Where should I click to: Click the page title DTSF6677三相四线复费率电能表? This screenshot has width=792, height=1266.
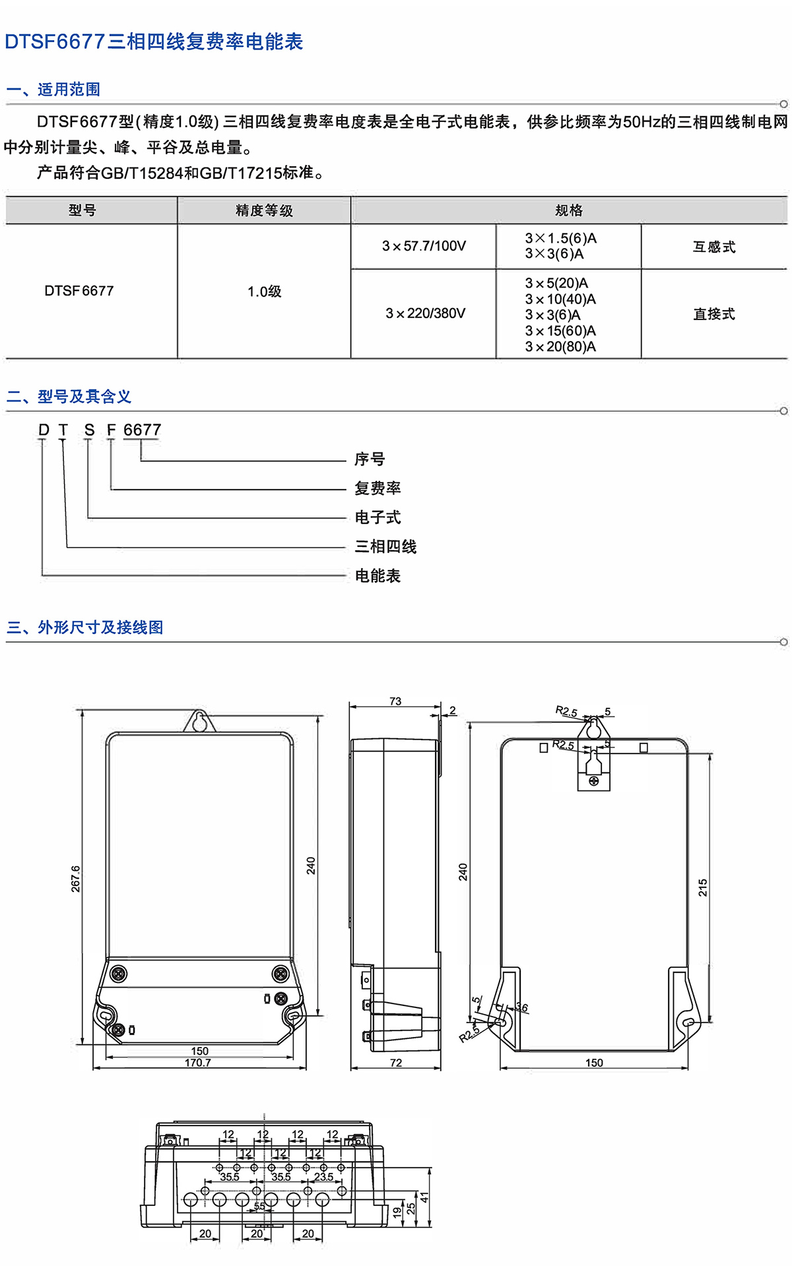[x=154, y=42]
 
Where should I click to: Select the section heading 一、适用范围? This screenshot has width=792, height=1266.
[x=53, y=89]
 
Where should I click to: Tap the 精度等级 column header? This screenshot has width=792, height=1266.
[x=264, y=210]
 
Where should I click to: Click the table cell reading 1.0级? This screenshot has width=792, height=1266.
[x=264, y=292]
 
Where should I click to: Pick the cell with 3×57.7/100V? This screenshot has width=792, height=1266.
[x=424, y=246]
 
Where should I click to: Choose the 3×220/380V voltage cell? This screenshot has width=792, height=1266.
[x=426, y=313]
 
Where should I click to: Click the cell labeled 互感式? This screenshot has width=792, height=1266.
[x=714, y=247]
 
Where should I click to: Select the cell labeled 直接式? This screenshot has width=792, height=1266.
[x=714, y=314]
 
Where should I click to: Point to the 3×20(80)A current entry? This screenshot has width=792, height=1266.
[x=560, y=347]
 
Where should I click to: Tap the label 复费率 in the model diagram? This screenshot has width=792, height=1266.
[x=378, y=488]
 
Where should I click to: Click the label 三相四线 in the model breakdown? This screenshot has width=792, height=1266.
[x=385, y=546]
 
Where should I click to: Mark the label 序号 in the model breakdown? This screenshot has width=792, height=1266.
[x=370, y=459]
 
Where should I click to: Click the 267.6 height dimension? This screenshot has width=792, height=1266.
[x=76, y=879]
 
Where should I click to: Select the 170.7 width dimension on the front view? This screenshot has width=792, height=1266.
[x=198, y=1063]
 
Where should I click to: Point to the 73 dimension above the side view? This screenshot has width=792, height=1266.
[x=395, y=701]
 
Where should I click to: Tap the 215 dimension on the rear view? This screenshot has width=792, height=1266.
[x=703, y=887]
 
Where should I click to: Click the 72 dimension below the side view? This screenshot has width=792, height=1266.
[x=396, y=1063]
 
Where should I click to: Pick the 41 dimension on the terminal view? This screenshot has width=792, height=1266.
[x=425, y=1197]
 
